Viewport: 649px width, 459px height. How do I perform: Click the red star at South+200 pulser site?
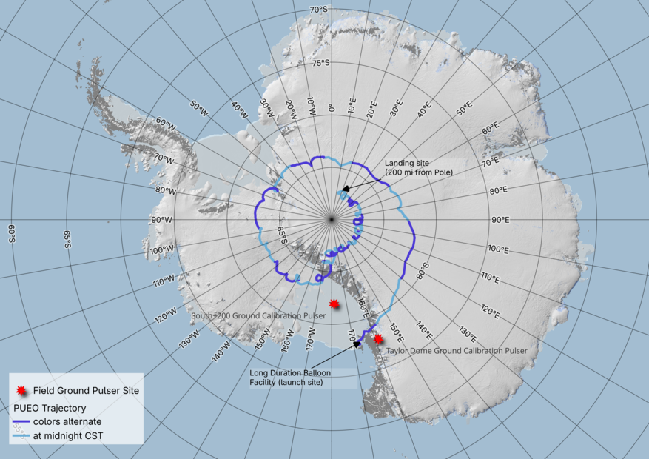click(334, 304)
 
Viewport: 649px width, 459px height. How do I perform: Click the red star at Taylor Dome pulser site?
click(378, 338)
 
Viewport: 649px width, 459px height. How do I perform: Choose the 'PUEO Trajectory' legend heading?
click(50, 408)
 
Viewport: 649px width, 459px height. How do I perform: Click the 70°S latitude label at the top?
click(319, 10)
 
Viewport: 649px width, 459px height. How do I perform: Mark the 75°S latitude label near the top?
click(321, 63)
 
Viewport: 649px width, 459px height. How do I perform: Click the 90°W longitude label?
click(162, 220)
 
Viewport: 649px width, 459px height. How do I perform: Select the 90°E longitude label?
click(500, 220)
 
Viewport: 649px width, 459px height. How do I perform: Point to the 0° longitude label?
click(331, 107)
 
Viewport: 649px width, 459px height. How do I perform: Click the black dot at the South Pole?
click(331, 219)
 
